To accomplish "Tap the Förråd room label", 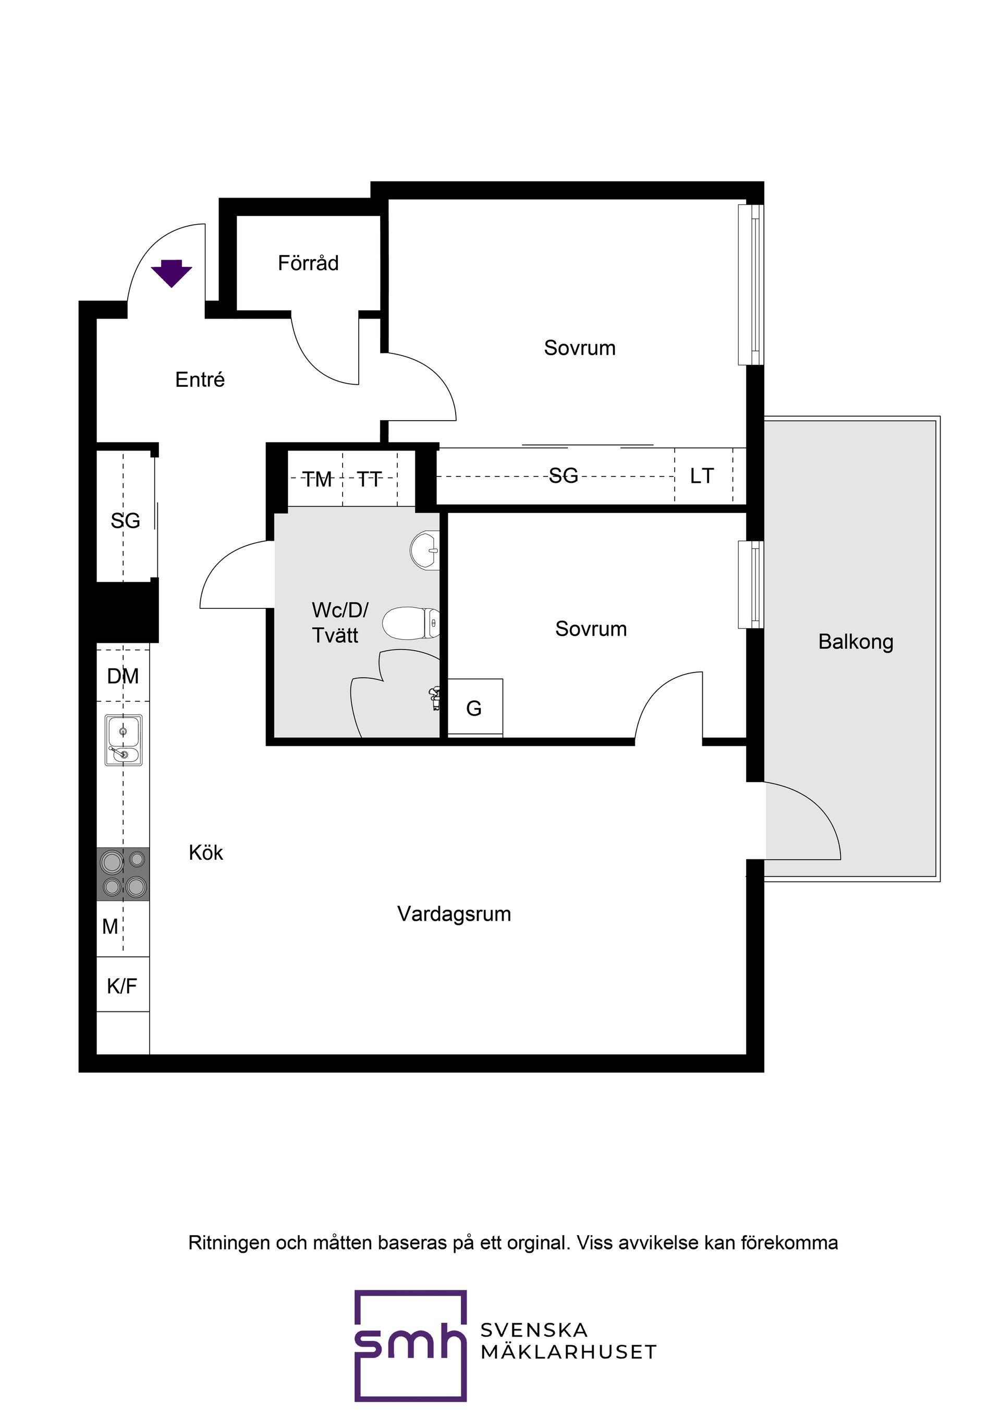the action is pos(308,263).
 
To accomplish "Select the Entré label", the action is pos(200,380).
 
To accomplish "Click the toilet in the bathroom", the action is pos(411,623).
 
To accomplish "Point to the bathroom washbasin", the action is pos(425,549).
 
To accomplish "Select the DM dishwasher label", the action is pos(123,677).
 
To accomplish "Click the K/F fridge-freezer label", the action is pos(121,987).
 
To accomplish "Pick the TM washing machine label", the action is pos(317,479).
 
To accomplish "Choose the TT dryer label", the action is pos(370,479).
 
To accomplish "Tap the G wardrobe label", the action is pos(474,708).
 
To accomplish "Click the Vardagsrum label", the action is pos(454,914).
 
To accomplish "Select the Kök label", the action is pos(206,853).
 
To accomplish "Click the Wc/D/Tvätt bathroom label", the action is pos(340,622).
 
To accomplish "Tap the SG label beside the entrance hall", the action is pos(125,521).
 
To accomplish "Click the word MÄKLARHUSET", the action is pos(568,1352).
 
